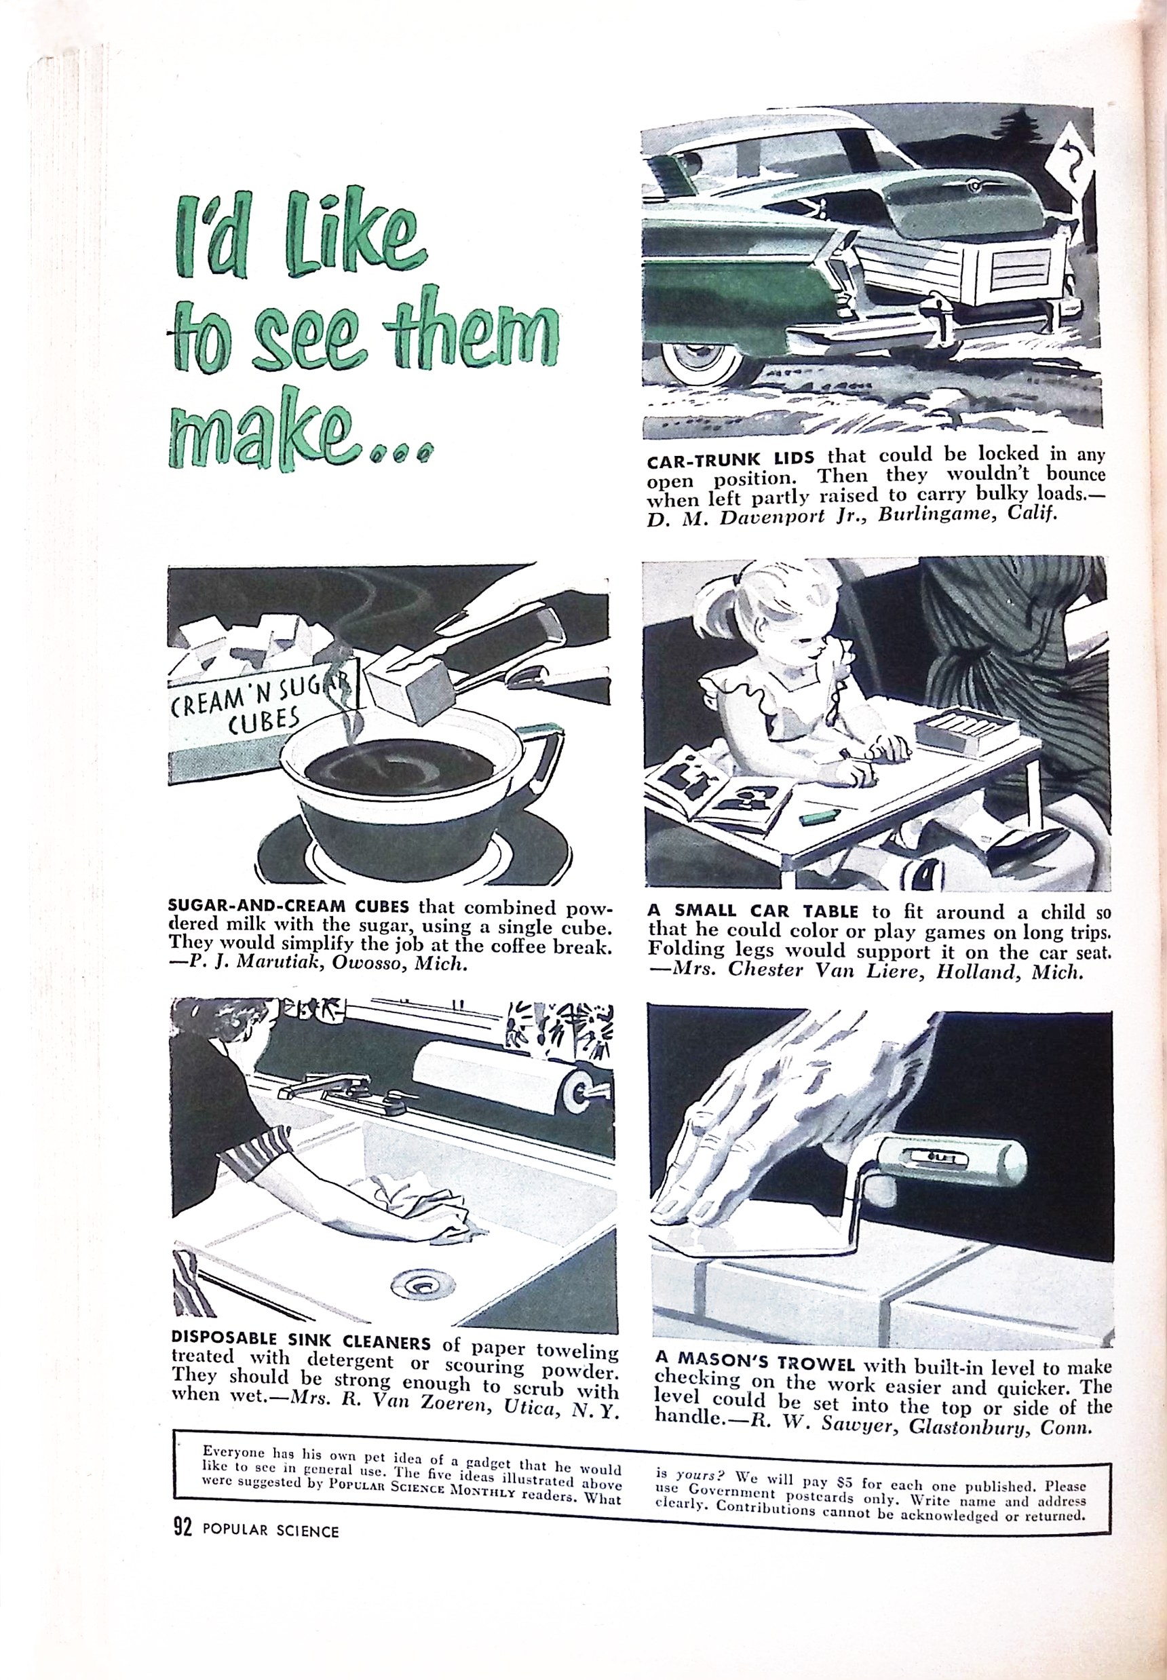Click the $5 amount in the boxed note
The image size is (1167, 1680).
coord(845,1485)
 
